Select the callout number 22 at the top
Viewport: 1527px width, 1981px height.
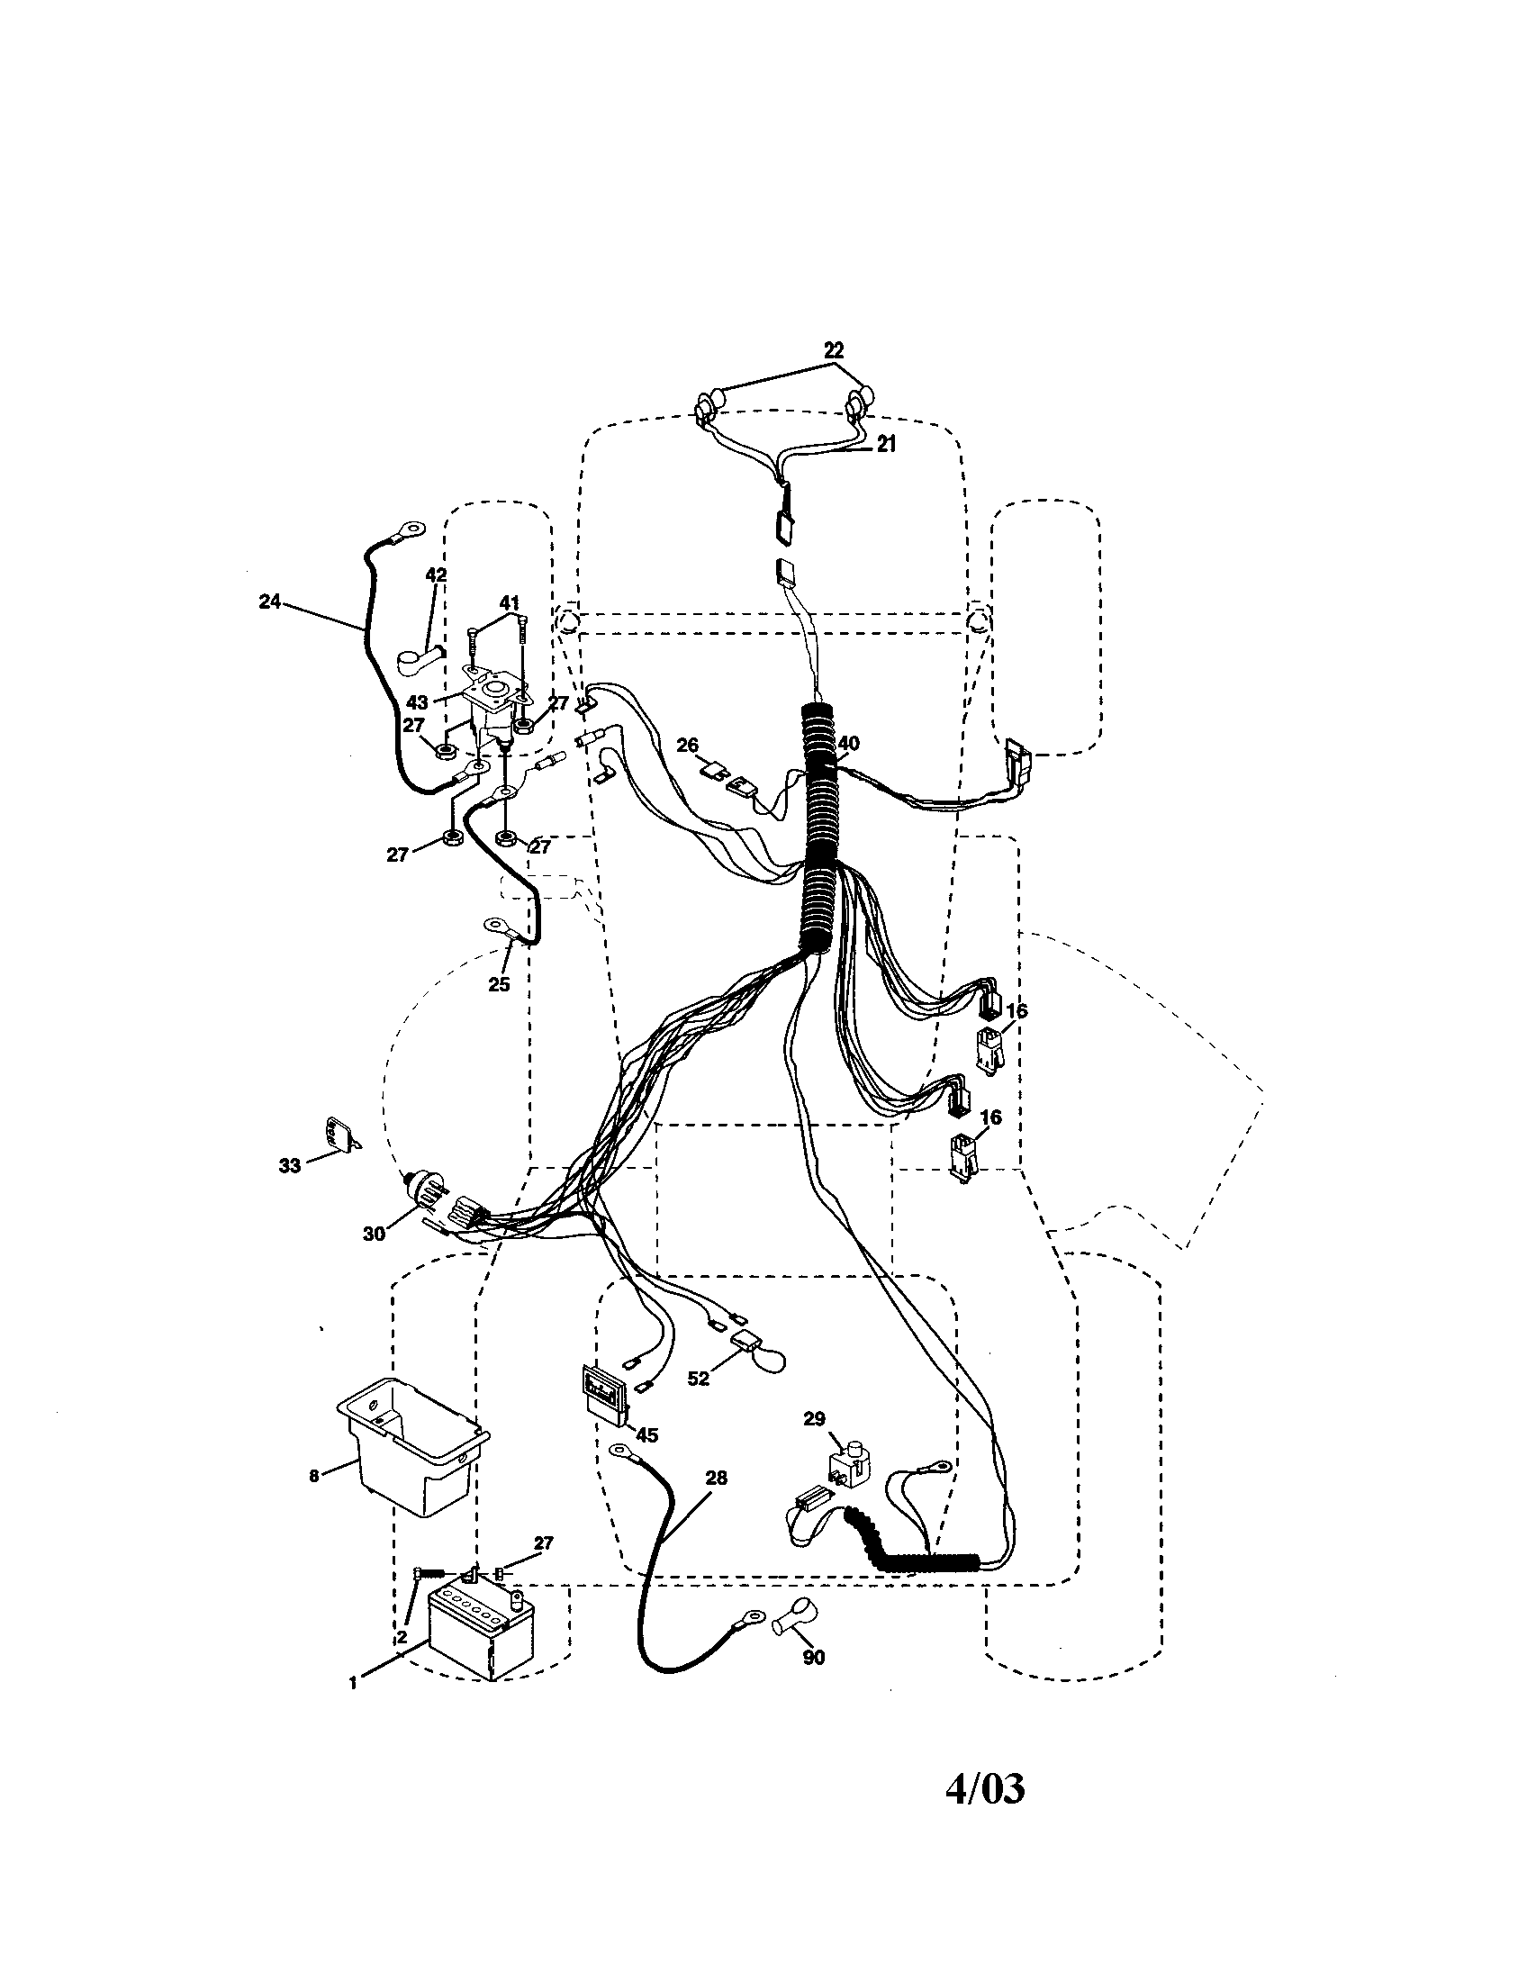[x=834, y=349]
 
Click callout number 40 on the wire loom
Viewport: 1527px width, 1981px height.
[x=848, y=743]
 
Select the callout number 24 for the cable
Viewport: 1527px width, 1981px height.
[x=269, y=601]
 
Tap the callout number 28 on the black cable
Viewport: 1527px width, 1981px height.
[x=716, y=1478]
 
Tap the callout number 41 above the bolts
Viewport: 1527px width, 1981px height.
[x=509, y=602]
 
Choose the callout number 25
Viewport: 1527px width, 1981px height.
[x=499, y=984]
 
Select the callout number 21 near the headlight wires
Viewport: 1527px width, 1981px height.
[x=886, y=444]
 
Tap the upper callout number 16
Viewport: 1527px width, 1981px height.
[x=1016, y=1010]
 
